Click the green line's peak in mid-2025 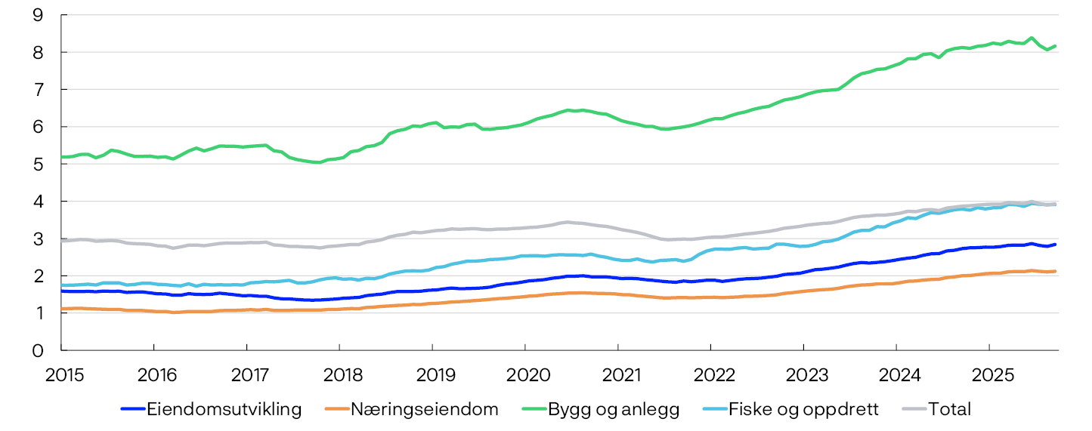point(1031,37)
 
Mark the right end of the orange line point(1056,271)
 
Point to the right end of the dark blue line point(1056,244)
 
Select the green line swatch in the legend point(534,410)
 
